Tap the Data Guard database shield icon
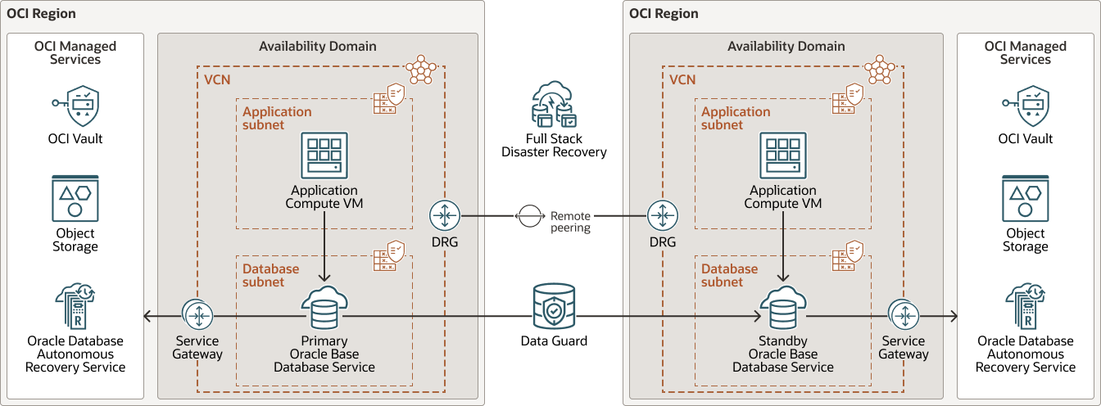(x=554, y=307)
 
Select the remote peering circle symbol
(x=528, y=215)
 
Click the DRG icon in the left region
(x=445, y=215)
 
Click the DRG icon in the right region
(x=662, y=215)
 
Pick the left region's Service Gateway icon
(x=197, y=315)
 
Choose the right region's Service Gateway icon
(x=904, y=315)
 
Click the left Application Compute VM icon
(x=324, y=156)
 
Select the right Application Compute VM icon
(x=783, y=156)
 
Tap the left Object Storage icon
(x=75, y=198)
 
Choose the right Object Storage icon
(x=1025, y=198)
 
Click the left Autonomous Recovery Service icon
(x=75, y=307)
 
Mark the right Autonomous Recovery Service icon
(x=1025, y=307)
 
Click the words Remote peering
(x=570, y=222)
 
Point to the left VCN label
(x=216, y=80)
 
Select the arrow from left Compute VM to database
(x=324, y=246)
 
